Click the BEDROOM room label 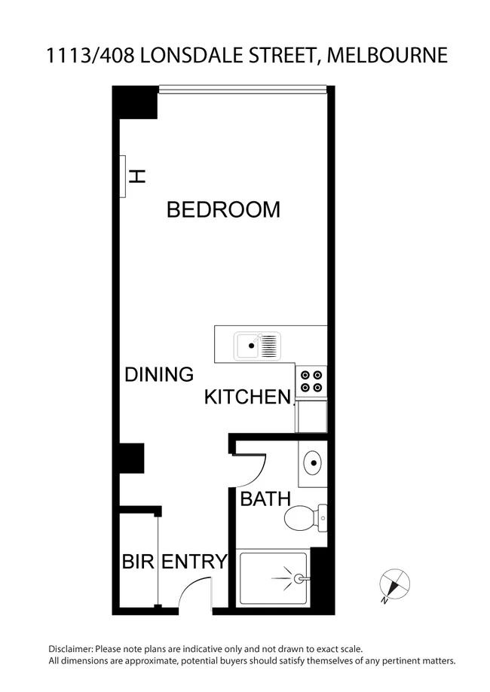pos(223,209)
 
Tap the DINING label pos(159,374)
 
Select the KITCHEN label pos(248,397)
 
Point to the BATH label pos(265,498)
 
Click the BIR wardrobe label pos(138,562)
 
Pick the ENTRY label pos(195,562)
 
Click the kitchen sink pos(257,346)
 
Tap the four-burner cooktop pos(311,382)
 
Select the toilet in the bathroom pos(305,517)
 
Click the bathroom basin pos(313,460)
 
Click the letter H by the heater pos(137,177)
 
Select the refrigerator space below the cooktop pos(311,416)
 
